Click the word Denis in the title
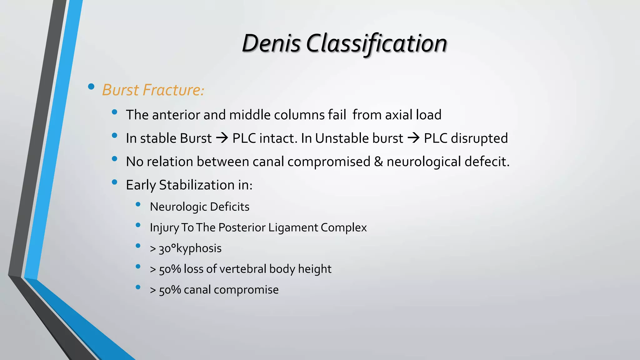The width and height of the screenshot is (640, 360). point(271,43)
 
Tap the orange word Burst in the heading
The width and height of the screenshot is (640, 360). point(120,90)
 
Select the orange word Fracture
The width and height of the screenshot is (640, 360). point(173,90)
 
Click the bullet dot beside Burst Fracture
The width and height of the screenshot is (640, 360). point(91,87)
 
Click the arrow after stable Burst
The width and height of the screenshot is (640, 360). point(222,138)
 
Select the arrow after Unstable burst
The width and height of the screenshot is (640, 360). point(413,138)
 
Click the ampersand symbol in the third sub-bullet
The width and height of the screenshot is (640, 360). point(378,162)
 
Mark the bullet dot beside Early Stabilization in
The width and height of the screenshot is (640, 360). point(114,182)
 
